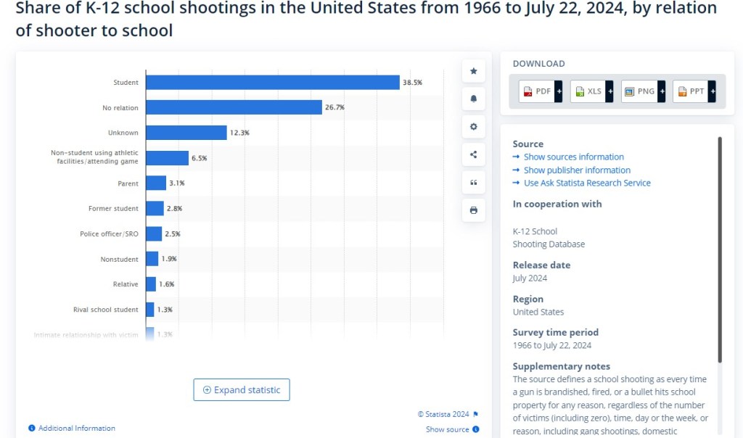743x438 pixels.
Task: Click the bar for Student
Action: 272,83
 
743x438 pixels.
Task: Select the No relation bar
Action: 234,107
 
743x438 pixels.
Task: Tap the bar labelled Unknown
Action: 186,133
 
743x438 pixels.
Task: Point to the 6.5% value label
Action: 199,158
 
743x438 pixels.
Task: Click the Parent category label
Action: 128,183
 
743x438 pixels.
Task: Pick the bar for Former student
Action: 155,209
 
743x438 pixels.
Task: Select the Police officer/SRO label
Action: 109,234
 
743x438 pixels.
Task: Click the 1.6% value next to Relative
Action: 167,284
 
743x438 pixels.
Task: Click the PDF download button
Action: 538,91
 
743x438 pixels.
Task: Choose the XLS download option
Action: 588,91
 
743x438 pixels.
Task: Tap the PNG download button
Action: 640,91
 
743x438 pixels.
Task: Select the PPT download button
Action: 691,91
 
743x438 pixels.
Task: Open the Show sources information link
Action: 573,157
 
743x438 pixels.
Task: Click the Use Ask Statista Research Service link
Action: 587,183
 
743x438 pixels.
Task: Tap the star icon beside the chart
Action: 474,71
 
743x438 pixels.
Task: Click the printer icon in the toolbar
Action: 474,210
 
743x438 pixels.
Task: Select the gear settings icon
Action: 474,127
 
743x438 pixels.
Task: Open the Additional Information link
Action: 76,428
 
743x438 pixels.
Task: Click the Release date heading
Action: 541,265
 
